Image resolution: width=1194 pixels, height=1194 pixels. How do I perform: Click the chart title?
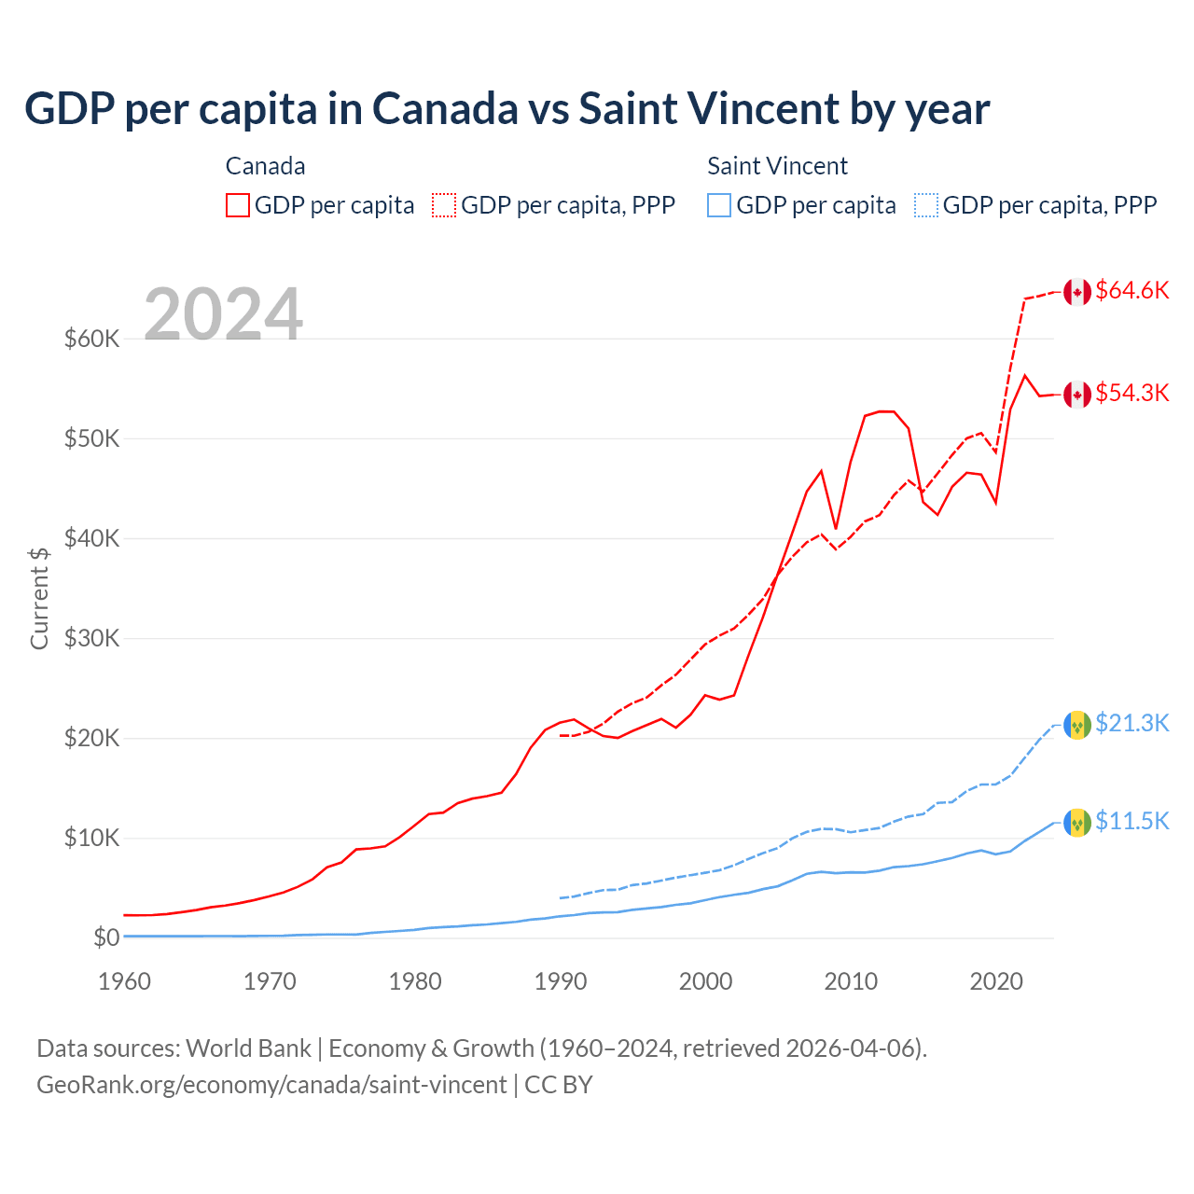pyautogui.click(x=507, y=109)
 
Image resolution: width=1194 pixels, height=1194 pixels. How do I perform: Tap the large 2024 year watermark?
pyautogui.click(x=223, y=314)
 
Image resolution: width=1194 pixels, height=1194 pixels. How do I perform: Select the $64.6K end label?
pyautogui.click(x=1132, y=290)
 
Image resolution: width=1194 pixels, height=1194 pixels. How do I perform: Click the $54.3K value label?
pyautogui.click(x=1132, y=393)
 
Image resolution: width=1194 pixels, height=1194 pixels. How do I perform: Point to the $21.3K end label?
pyautogui.click(x=1132, y=723)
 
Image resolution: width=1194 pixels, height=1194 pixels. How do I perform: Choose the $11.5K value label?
pyautogui.click(x=1132, y=821)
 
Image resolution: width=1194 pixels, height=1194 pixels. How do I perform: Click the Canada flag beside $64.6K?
pyautogui.click(x=1077, y=292)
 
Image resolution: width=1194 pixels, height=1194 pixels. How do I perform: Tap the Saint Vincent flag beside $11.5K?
pyautogui.click(x=1077, y=822)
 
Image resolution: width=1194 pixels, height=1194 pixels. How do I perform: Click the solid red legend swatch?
pyautogui.click(x=238, y=205)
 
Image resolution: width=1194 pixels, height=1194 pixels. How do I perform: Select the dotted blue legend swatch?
pyautogui.click(x=926, y=205)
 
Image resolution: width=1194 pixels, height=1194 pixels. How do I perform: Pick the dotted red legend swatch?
pyautogui.click(x=444, y=205)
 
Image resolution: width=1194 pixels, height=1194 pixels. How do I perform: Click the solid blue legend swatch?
pyautogui.click(x=719, y=205)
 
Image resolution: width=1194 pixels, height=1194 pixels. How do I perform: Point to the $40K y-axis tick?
pyautogui.click(x=91, y=538)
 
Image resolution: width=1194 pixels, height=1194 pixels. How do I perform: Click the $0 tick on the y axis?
pyautogui.click(x=106, y=937)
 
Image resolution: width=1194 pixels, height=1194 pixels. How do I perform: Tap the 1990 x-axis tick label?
pyautogui.click(x=561, y=981)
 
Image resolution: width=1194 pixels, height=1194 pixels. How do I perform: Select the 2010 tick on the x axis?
pyautogui.click(x=851, y=981)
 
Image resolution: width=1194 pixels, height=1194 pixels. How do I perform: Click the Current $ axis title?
pyautogui.click(x=39, y=597)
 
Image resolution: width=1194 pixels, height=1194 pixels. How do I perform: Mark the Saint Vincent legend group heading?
pyautogui.click(x=777, y=166)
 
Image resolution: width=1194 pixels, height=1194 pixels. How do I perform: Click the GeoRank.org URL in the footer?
pyautogui.click(x=271, y=1085)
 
